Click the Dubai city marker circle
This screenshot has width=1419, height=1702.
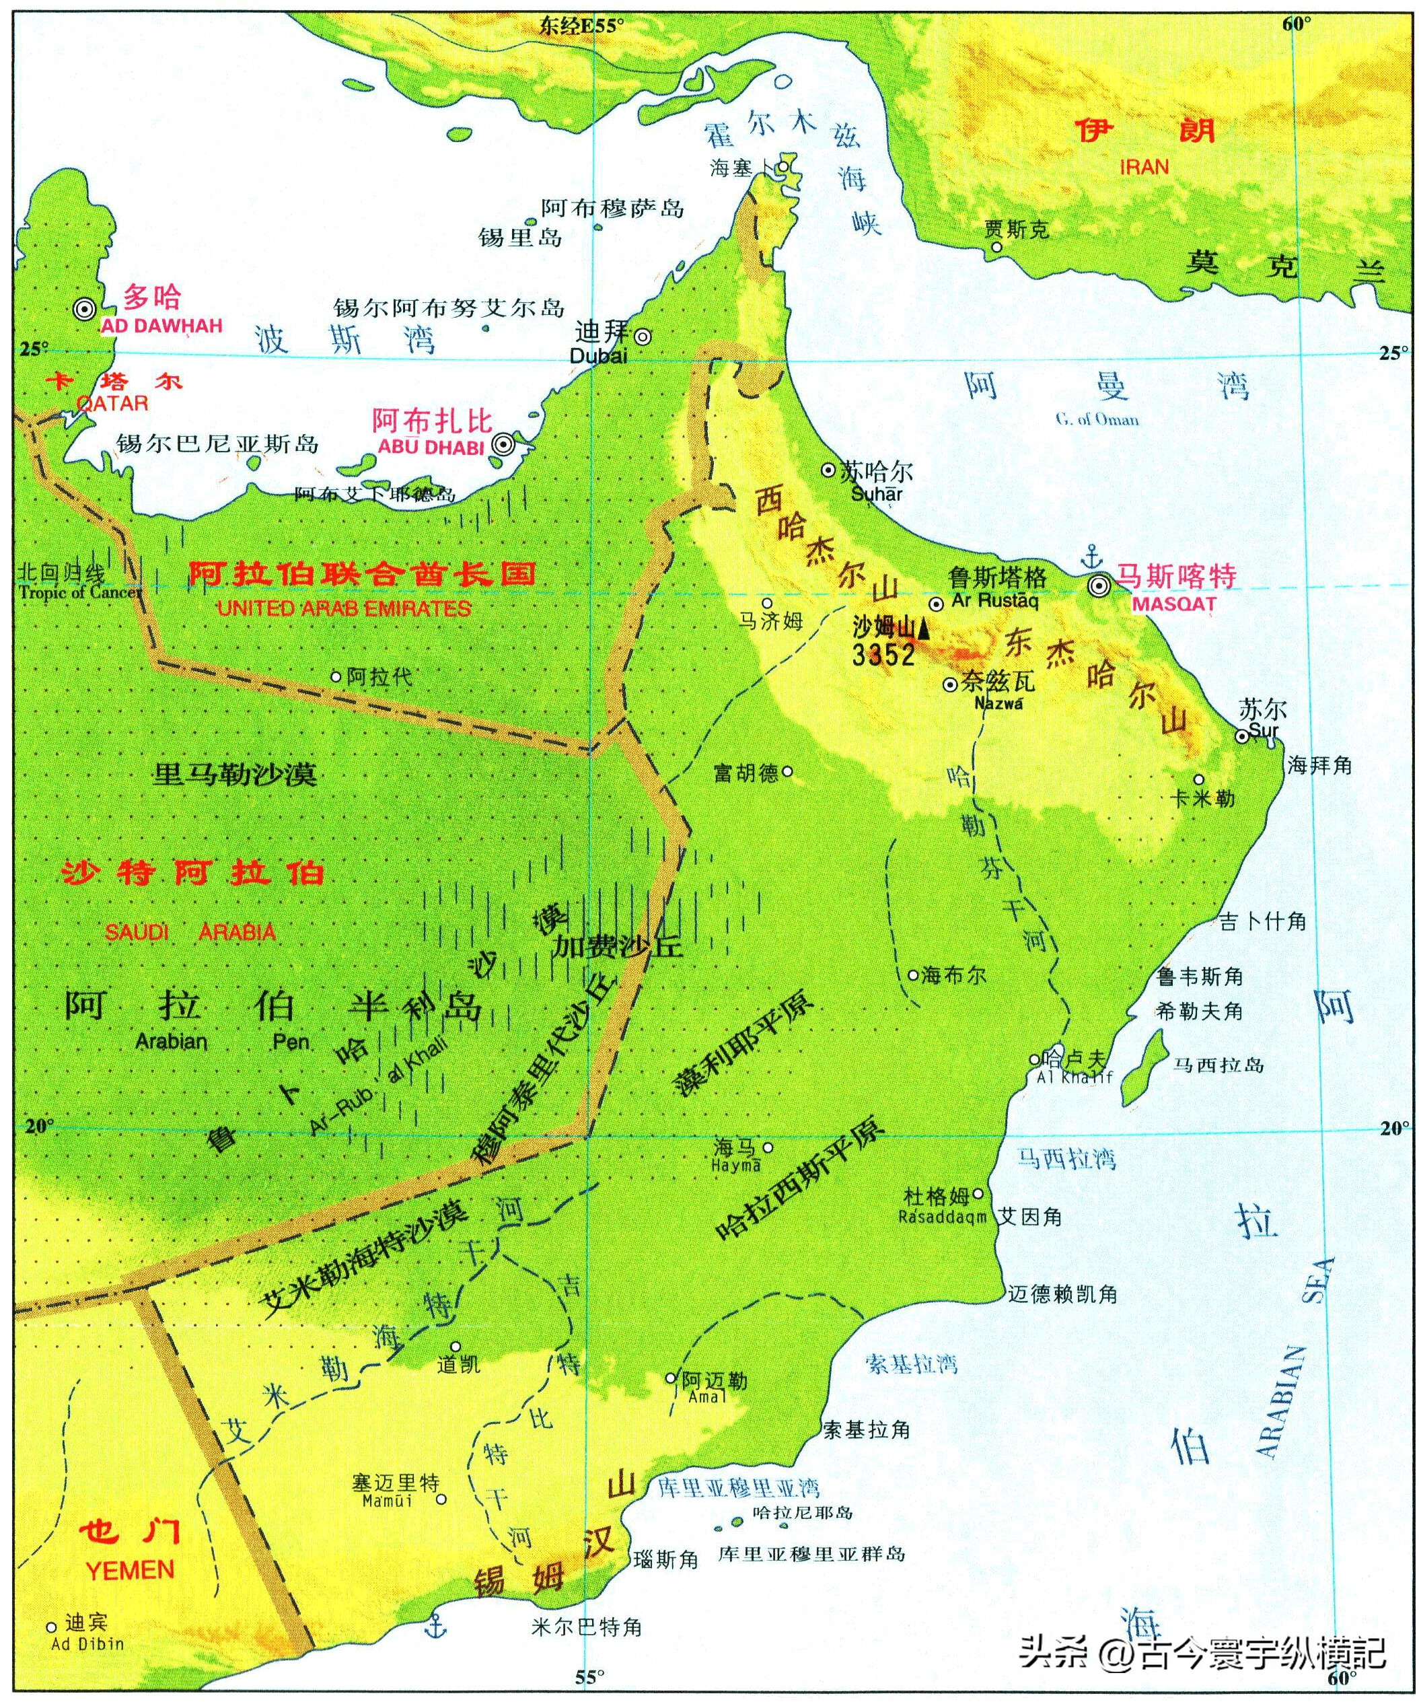click(642, 336)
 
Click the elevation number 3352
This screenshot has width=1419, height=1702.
click(883, 655)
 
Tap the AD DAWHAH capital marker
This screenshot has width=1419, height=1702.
click(83, 309)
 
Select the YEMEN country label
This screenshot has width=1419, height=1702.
click(130, 1571)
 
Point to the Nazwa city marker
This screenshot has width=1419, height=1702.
click(951, 685)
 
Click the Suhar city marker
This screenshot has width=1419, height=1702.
click(828, 470)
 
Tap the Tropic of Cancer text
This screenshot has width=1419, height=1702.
click(79, 592)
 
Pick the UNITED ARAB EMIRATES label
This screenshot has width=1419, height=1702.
click(344, 608)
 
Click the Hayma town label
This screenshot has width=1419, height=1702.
click(736, 1166)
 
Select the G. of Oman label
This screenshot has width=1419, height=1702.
click(1097, 419)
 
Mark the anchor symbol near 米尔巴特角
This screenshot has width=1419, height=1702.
click(437, 1623)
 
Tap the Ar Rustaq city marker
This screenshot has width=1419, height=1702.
click(936, 604)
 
